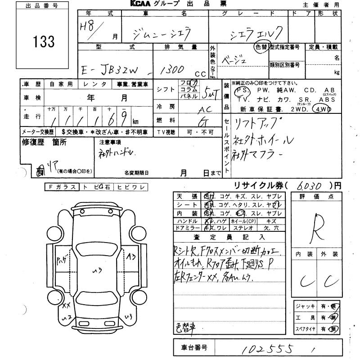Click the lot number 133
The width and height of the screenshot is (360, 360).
coord(44,42)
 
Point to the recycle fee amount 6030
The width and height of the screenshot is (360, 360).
coord(310,185)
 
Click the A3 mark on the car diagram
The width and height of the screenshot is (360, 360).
coord(131,257)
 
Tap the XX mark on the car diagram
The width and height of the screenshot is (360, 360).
coord(66,306)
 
